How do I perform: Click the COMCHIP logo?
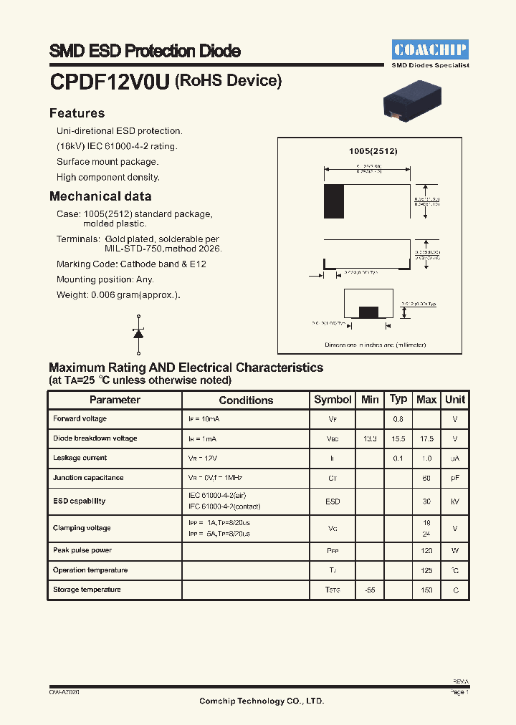point(430,49)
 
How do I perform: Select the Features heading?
point(77,113)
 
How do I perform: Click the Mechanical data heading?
point(100,196)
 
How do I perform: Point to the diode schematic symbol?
point(138,334)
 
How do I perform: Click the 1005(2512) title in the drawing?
point(373,151)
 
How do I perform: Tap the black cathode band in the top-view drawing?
point(333,201)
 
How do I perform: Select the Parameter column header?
point(115,400)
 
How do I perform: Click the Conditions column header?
point(246,400)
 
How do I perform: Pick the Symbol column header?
point(333,400)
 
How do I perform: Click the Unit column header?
point(455,400)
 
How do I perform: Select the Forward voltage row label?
point(80,418)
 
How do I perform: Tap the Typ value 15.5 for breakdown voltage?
point(398,438)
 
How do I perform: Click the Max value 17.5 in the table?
point(426,438)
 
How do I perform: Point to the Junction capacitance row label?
point(88,478)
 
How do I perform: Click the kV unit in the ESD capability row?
point(455,501)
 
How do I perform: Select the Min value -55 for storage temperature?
point(370,590)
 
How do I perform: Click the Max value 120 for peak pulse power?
point(426,551)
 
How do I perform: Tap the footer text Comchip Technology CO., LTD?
point(262,701)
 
